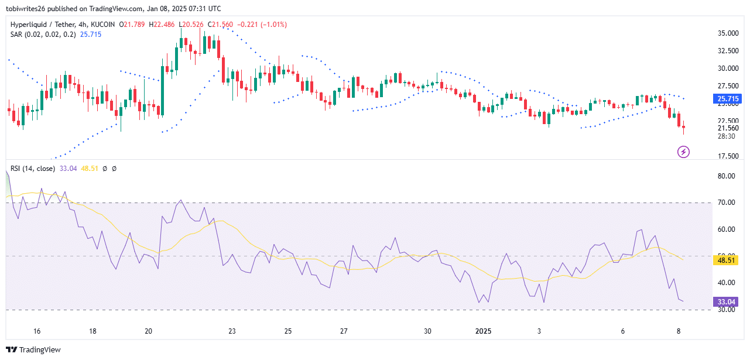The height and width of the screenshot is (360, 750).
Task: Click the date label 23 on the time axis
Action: tap(232, 331)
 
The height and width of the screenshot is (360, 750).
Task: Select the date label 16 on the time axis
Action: tap(37, 331)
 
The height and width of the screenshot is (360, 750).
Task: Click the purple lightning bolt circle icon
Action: tap(683, 152)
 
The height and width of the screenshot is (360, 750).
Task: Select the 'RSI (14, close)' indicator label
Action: tap(32, 169)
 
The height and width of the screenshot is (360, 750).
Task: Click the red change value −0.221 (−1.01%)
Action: tap(262, 25)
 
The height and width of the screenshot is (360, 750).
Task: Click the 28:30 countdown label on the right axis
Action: tap(728, 136)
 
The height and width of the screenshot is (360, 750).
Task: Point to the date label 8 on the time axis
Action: tap(679, 331)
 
